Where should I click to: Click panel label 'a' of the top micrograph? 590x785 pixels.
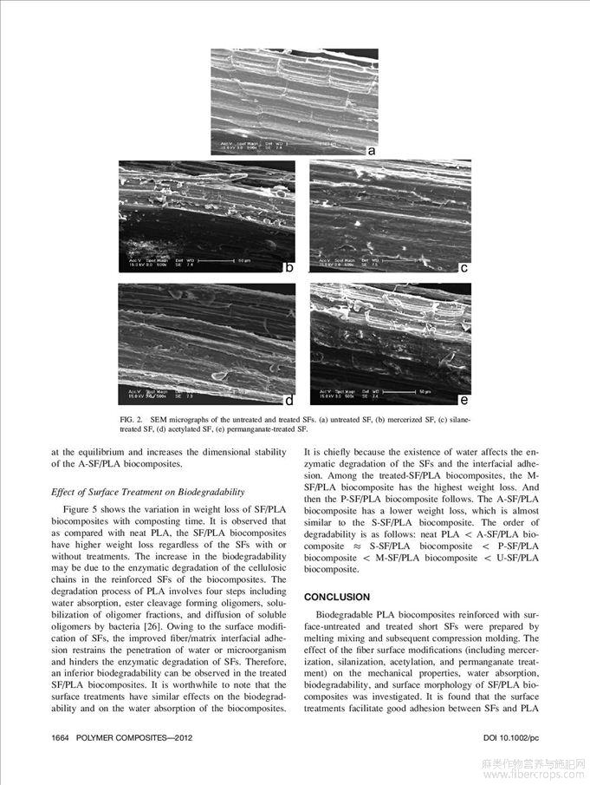[371, 150]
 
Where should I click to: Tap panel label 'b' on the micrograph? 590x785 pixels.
[289, 268]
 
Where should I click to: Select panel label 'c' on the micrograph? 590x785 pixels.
[464, 268]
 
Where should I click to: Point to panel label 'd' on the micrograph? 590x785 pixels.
[289, 401]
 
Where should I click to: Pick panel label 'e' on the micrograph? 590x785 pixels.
[464, 401]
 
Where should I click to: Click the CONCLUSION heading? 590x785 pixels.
[337, 598]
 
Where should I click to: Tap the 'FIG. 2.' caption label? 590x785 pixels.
[133, 420]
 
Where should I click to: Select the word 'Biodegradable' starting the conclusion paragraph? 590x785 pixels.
[350, 615]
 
